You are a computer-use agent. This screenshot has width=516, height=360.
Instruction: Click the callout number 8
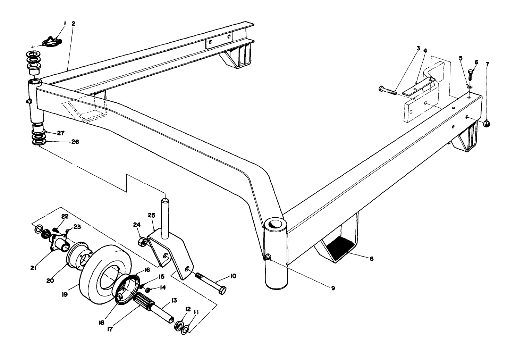point(371,259)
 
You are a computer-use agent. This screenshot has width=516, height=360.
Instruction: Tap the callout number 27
point(60,133)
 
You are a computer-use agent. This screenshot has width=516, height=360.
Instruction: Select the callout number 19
point(65,294)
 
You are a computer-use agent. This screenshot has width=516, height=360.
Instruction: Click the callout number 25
point(151,216)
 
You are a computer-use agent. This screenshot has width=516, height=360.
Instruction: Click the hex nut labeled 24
point(142,241)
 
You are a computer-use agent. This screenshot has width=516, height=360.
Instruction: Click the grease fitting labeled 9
point(268,257)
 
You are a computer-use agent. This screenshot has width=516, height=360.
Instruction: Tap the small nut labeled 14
point(148,290)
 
